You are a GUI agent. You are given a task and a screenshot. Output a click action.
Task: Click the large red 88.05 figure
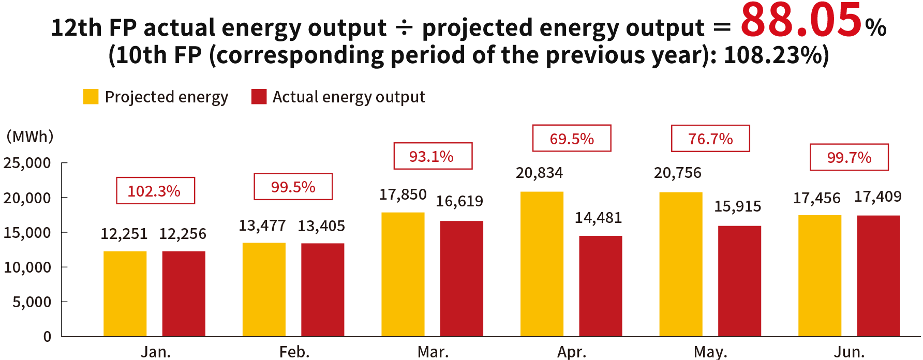[800, 22]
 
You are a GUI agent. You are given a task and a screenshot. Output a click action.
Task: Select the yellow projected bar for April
[542, 264]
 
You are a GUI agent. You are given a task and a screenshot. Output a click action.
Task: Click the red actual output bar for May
[739, 281]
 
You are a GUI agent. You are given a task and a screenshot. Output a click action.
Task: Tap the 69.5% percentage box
[572, 139]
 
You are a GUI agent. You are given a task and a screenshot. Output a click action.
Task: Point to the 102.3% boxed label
[155, 191]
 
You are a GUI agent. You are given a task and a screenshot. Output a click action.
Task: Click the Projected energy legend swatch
[91, 97]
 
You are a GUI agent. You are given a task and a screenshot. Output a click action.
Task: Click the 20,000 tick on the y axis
[28, 198]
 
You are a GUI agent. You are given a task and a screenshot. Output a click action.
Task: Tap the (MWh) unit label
[29, 137]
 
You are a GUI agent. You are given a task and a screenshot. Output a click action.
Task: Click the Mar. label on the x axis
[433, 352]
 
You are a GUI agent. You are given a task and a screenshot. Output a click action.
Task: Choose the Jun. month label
[849, 352]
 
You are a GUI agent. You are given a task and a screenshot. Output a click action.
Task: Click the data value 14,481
[598, 218]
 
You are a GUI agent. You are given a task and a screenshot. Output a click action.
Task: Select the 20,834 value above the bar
[539, 173]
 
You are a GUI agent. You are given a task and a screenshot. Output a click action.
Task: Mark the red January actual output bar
[184, 293]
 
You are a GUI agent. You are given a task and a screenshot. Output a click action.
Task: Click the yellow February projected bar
[263, 290]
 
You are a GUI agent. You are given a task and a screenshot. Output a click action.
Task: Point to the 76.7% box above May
[710, 139]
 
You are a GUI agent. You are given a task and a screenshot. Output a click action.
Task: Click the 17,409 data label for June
[877, 197]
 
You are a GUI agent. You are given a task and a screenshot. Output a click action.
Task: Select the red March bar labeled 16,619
[462, 278]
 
